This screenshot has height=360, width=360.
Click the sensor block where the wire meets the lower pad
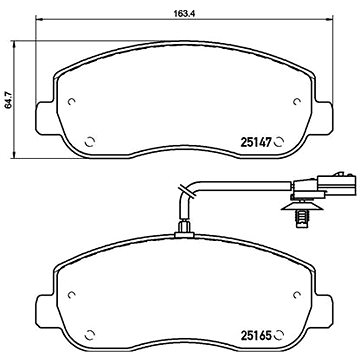click(x=183, y=233)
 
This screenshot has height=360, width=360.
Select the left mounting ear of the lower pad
click(x=42, y=306)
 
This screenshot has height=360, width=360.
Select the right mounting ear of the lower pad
click(x=322, y=306)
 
